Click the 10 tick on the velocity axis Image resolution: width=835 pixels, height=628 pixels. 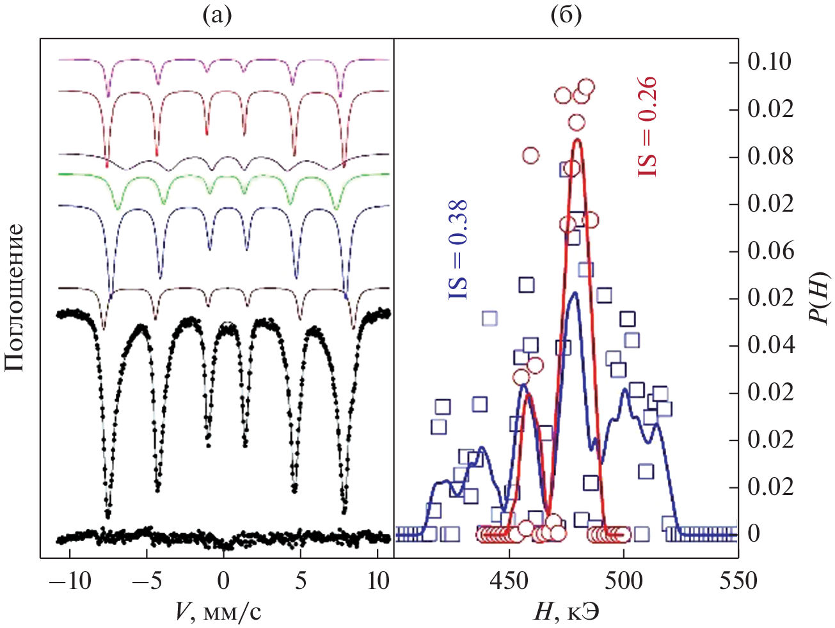379,581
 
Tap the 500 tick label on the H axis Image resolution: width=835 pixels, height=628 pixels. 624,581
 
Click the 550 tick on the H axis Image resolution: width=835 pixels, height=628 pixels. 738,581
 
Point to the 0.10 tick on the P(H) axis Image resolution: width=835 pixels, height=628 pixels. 770,62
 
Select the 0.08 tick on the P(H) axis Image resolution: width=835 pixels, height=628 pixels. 770,157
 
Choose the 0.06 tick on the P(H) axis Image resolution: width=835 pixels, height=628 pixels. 770,251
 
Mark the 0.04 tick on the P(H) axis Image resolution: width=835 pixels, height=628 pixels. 770,345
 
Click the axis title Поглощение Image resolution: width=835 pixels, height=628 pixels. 15,297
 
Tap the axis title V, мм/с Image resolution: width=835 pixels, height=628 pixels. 218,613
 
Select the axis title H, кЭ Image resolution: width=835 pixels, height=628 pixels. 566,613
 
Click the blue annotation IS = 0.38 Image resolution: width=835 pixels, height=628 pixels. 458,250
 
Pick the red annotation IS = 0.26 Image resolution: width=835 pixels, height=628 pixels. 648,127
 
